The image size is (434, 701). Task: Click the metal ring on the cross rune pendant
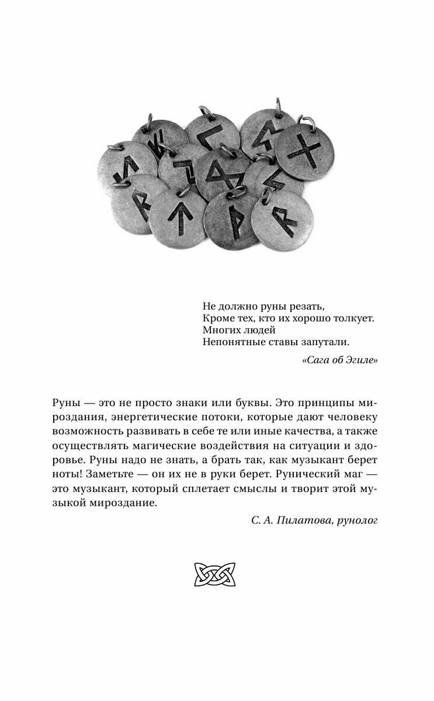(304, 120)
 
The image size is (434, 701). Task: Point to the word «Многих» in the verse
(220, 330)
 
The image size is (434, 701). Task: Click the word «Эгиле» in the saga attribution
(362, 360)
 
